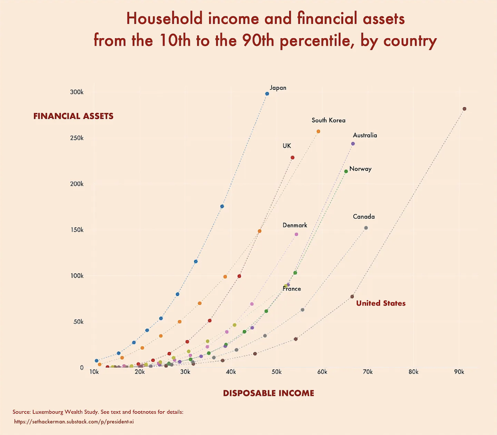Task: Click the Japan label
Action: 278,88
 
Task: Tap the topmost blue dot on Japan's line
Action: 267,94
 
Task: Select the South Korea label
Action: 329,120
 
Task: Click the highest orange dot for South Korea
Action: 318,131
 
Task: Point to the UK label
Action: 287,146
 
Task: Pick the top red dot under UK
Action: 293,158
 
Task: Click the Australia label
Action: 365,135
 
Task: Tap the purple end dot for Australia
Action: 353,144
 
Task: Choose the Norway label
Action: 361,169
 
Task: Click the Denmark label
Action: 295,226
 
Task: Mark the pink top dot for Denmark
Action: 297,234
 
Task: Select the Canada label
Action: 364,217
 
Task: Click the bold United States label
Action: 381,304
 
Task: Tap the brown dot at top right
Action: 464,109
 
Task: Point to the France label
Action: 292,289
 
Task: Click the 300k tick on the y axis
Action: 77,92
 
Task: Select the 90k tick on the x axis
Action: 459,372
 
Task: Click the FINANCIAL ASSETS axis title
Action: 73,116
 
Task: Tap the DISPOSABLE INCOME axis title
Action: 268,393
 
